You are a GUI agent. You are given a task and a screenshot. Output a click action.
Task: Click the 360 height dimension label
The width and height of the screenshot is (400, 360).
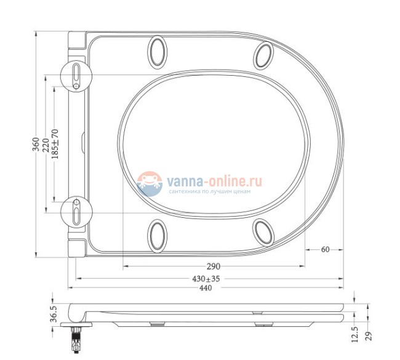(x=36, y=145)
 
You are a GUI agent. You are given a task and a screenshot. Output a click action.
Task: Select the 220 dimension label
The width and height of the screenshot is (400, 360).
(x=46, y=145)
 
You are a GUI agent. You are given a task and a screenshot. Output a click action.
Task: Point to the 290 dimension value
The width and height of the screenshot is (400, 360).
(x=213, y=266)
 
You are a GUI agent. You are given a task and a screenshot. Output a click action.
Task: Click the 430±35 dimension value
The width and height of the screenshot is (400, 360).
(x=206, y=279)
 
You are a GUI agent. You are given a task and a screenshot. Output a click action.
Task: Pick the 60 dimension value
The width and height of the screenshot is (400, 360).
(x=325, y=249)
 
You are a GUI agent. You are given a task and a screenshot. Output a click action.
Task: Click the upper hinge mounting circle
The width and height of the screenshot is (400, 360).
(x=76, y=76)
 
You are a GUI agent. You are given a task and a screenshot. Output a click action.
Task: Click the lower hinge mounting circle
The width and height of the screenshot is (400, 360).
(x=76, y=213)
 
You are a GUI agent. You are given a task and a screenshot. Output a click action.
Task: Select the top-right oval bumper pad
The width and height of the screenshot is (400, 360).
(x=265, y=55)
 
